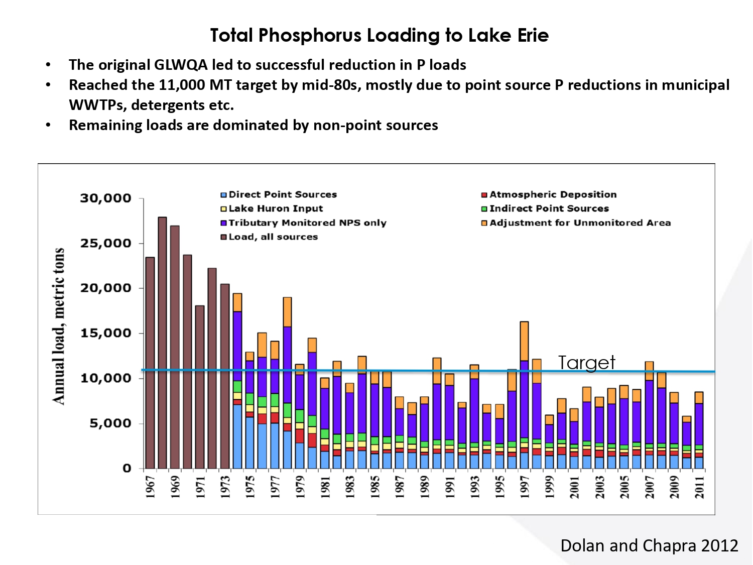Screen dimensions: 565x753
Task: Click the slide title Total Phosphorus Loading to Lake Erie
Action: tap(379, 36)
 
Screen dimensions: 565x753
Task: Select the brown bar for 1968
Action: tap(162, 342)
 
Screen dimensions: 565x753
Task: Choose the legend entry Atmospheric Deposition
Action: tap(553, 194)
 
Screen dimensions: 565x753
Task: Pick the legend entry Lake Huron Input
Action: tap(276, 208)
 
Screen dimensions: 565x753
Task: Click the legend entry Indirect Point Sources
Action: tap(549, 208)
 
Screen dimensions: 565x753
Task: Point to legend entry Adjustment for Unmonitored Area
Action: tap(580, 222)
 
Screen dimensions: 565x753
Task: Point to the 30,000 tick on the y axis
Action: tap(105, 198)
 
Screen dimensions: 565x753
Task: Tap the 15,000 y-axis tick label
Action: tap(105, 333)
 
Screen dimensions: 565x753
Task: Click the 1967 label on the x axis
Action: tap(150, 487)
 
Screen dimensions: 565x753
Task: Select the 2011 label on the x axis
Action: tap(699, 487)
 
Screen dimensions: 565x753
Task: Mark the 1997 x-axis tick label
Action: tap(525, 487)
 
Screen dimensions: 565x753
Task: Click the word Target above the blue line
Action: tap(586, 363)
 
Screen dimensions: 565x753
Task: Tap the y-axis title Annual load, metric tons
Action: tap(59, 326)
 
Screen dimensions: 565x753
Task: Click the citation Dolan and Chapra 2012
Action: tap(649, 545)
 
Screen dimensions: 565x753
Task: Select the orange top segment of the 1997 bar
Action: tap(524, 341)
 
